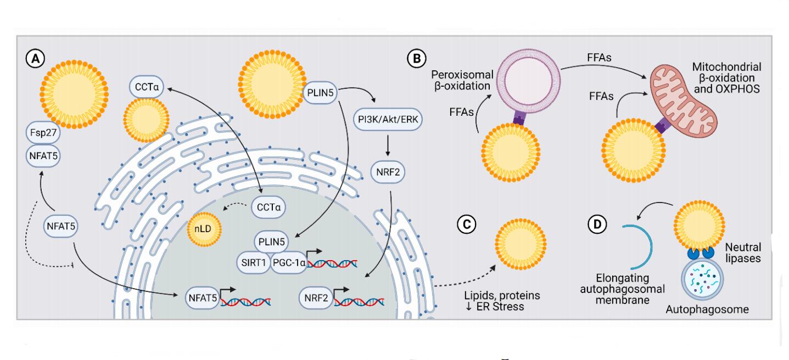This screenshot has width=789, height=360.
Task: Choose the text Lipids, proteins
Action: pos(501,295)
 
